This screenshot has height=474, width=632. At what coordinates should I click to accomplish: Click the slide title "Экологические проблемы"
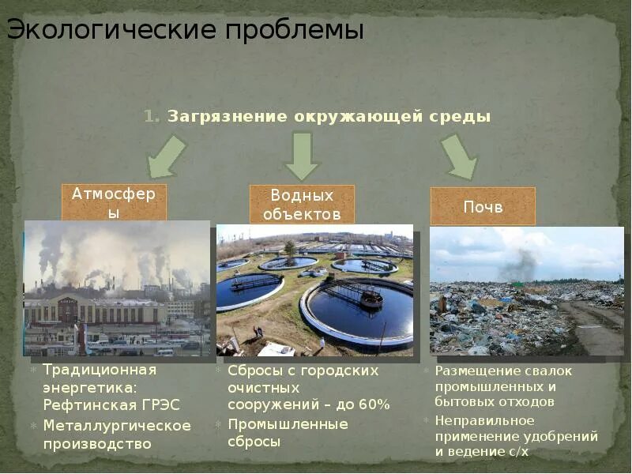(186, 31)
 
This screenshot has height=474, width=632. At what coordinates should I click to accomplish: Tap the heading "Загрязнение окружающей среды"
(329, 117)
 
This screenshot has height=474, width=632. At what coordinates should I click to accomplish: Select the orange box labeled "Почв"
(483, 207)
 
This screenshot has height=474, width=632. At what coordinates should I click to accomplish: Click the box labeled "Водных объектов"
(302, 204)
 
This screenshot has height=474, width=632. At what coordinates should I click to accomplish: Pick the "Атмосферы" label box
(114, 202)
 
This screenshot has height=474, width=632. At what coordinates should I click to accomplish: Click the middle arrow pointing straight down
(301, 156)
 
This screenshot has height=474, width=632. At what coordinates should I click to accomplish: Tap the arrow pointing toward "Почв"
(459, 156)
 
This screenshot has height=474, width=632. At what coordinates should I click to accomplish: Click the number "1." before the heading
(152, 117)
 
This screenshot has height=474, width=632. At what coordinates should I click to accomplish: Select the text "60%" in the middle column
(372, 405)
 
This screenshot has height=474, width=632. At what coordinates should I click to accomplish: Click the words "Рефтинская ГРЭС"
(111, 405)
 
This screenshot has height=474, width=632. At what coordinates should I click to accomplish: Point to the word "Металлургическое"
(117, 426)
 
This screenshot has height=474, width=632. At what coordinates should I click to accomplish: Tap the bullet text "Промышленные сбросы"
(288, 433)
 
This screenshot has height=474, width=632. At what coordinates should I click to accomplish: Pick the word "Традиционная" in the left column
(100, 370)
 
